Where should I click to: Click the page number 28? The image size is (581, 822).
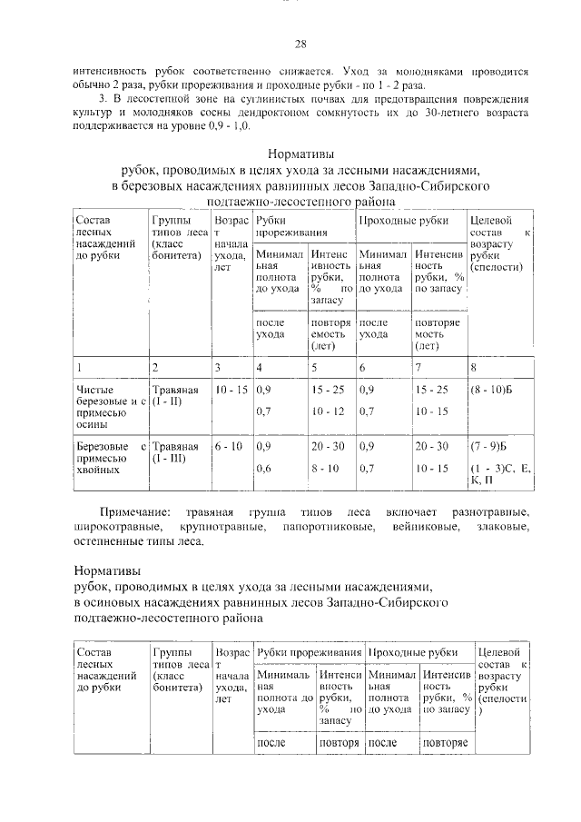(300, 45)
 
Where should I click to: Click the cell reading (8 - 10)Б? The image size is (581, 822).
(489, 390)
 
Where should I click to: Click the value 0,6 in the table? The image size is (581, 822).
(264, 469)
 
